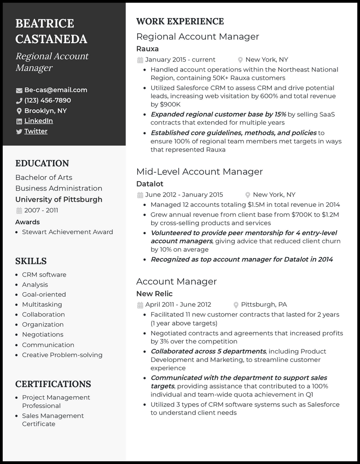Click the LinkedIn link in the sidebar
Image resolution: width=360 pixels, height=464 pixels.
pyautogui.click(x=38, y=121)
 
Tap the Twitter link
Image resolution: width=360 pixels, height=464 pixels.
pyautogui.click(x=36, y=131)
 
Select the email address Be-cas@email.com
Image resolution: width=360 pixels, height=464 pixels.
pyautogui.click(x=56, y=90)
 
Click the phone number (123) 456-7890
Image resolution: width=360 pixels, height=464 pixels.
pyautogui.click(x=47, y=100)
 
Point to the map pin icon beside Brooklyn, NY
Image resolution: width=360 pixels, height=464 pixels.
pyautogui.click(x=19, y=111)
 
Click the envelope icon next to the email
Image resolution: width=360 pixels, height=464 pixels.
pyautogui.click(x=19, y=90)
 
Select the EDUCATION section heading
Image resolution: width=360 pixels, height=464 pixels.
pyautogui.click(x=42, y=163)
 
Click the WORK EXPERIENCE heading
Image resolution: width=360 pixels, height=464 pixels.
pyautogui.click(x=180, y=21)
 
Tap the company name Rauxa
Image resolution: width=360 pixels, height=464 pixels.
pyautogui.click(x=147, y=49)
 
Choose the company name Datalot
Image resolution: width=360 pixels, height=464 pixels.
pyautogui.click(x=149, y=183)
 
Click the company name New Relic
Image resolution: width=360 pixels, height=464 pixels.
pyautogui.click(x=154, y=294)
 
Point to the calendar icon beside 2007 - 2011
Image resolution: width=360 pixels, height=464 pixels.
pyautogui.click(x=19, y=210)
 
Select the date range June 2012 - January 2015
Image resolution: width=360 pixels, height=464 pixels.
pyautogui.click(x=184, y=195)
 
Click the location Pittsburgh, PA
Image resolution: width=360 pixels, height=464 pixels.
pyautogui.click(x=264, y=304)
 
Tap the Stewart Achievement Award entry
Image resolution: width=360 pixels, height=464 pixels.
pyautogui.click(x=67, y=232)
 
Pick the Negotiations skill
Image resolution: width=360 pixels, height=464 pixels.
pyautogui.click(x=43, y=335)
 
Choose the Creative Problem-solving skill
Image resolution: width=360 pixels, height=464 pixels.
pyautogui.click(x=62, y=355)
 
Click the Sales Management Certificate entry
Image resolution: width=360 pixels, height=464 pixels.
pyautogui.click(x=53, y=420)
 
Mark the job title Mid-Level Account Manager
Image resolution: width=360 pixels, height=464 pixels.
pyautogui.click(x=199, y=171)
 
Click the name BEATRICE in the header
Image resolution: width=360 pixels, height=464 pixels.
pyautogui.click(x=45, y=23)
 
